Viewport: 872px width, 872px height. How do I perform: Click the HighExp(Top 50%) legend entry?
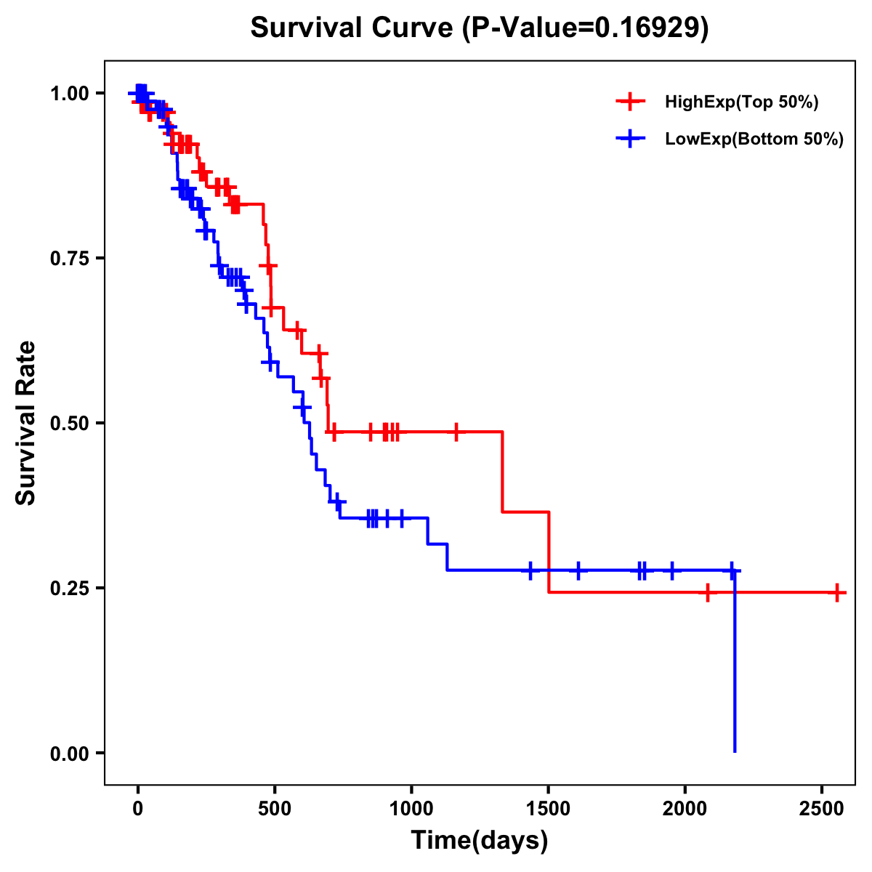coord(741,102)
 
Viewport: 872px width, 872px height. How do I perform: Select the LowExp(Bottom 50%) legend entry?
coord(754,140)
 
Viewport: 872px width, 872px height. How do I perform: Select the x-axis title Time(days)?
coord(479,841)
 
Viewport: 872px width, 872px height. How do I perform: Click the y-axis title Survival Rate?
coord(26,423)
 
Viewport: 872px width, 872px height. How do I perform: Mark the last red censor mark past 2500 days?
coord(837,592)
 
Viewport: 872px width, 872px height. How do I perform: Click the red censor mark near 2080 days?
coord(707,592)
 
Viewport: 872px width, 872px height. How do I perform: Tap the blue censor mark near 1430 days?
coord(530,570)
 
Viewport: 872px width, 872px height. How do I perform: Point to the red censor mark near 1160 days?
coord(456,432)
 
